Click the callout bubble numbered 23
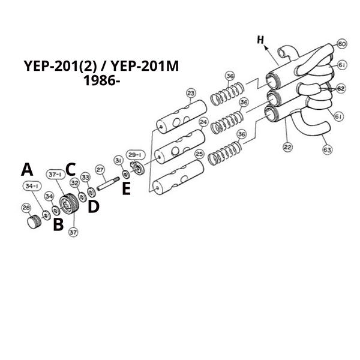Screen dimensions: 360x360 (191, 94)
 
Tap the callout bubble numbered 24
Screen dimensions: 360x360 (203, 122)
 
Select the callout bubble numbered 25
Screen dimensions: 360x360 (199, 154)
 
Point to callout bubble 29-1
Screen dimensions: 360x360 (136, 155)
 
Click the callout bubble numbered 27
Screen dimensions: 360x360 (100, 170)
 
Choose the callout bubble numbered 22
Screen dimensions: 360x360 (287, 146)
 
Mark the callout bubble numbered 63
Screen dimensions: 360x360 (327, 149)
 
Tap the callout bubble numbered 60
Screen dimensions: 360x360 (342, 44)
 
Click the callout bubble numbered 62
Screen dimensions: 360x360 (341, 88)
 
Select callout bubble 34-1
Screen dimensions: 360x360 (32, 186)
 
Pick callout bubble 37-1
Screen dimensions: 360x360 (55, 175)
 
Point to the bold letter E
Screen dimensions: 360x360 (126, 188)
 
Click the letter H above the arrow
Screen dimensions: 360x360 (260, 40)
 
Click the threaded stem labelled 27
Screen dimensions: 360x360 (107, 184)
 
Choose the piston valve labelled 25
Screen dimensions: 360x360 (178, 178)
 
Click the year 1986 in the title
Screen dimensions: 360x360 (102, 81)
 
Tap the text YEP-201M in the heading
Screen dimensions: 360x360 (145, 66)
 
